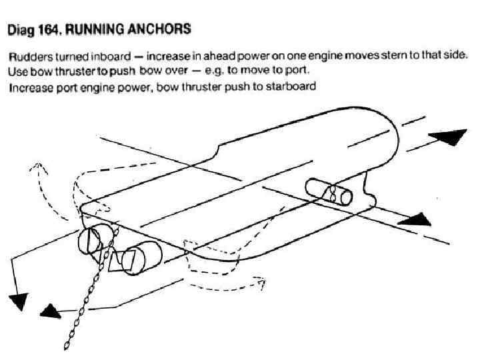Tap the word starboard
tap(291, 87)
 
